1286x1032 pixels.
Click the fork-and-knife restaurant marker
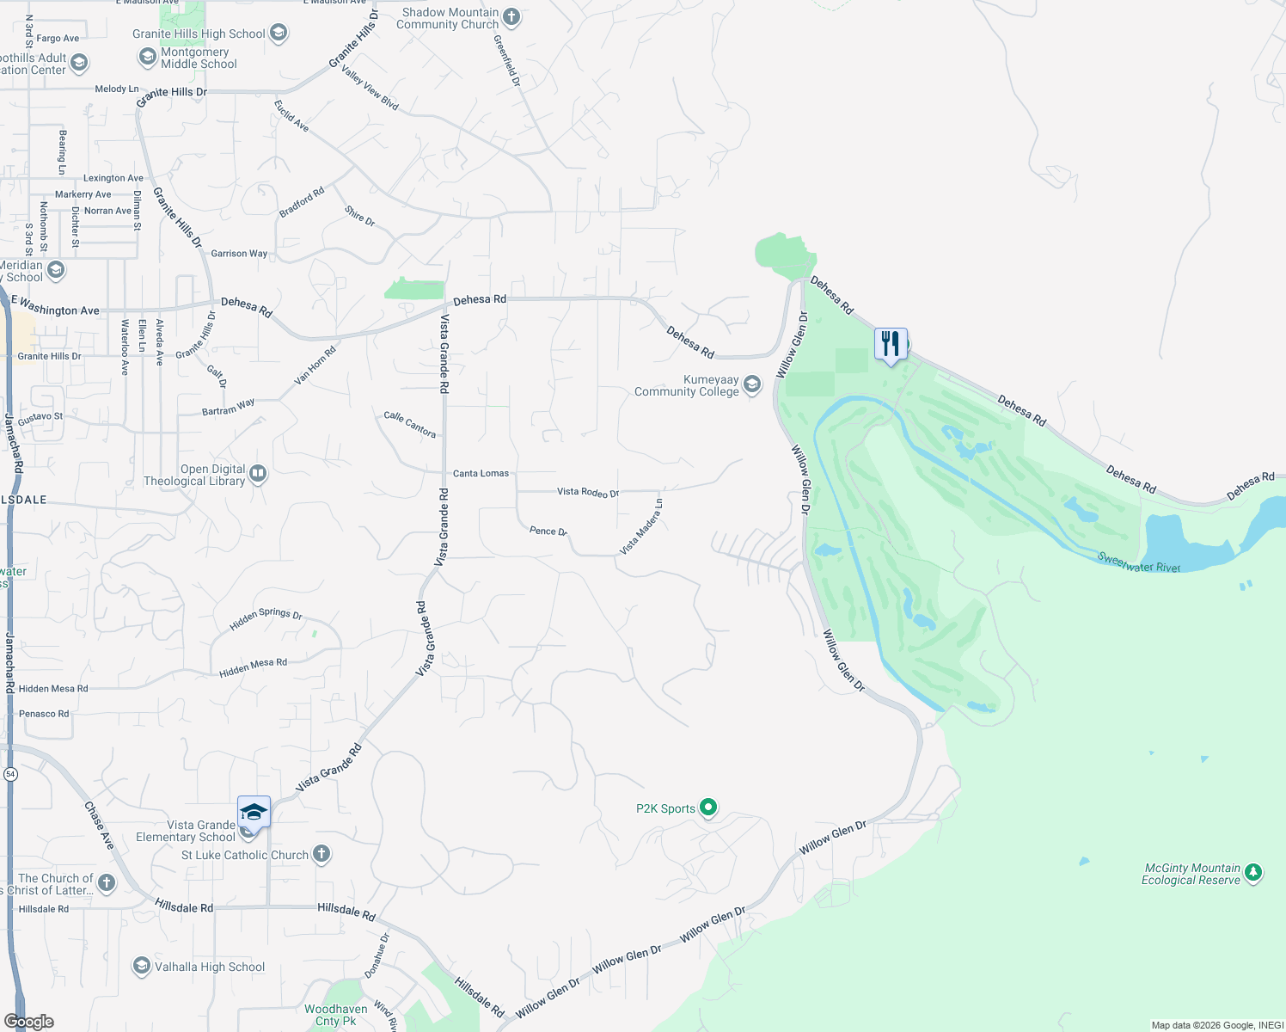[x=891, y=344]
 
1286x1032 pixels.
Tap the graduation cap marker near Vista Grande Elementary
[x=254, y=812]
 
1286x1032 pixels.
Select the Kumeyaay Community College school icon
[x=752, y=384]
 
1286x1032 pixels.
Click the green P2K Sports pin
[x=708, y=808]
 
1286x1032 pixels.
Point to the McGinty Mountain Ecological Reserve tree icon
[x=1253, y=874]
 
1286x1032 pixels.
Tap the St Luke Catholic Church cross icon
[x=321, y=854]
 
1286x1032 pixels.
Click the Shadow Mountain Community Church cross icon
[x=511, y=17]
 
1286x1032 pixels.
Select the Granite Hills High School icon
[x=278, y=34]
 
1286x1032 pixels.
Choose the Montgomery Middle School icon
[x=147, y=57]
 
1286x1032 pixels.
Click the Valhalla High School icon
[x=142, y=967]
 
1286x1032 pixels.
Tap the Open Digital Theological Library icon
[x=258, y=474]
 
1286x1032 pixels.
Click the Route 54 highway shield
[x=10, y=774]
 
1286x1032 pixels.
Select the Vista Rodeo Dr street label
[x=588, y=492]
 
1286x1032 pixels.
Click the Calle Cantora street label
[x=410, y=423]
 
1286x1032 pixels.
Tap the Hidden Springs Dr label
[x=266, y=618]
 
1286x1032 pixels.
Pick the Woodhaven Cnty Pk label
[x=335, y=1015]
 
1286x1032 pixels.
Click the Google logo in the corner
[x=28, y=1022]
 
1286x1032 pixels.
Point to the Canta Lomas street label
[x=481, y=473]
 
